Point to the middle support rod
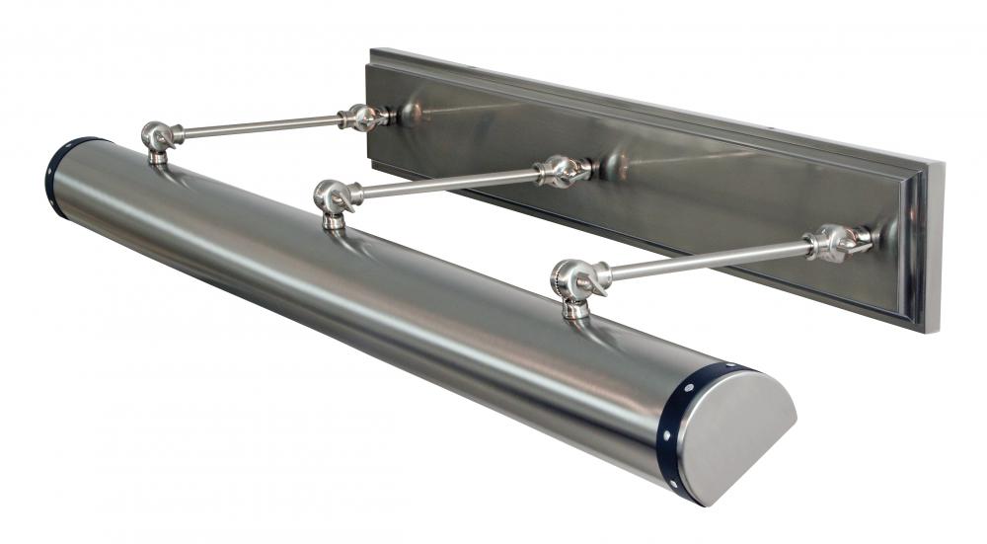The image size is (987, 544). click(x=444, y=181)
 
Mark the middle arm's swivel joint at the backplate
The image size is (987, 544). click(x=562, y=170)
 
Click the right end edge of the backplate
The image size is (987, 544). click(x=933, y=247)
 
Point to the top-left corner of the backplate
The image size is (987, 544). click(x=373, y=50)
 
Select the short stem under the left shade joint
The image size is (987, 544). click(x=156, y=155)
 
